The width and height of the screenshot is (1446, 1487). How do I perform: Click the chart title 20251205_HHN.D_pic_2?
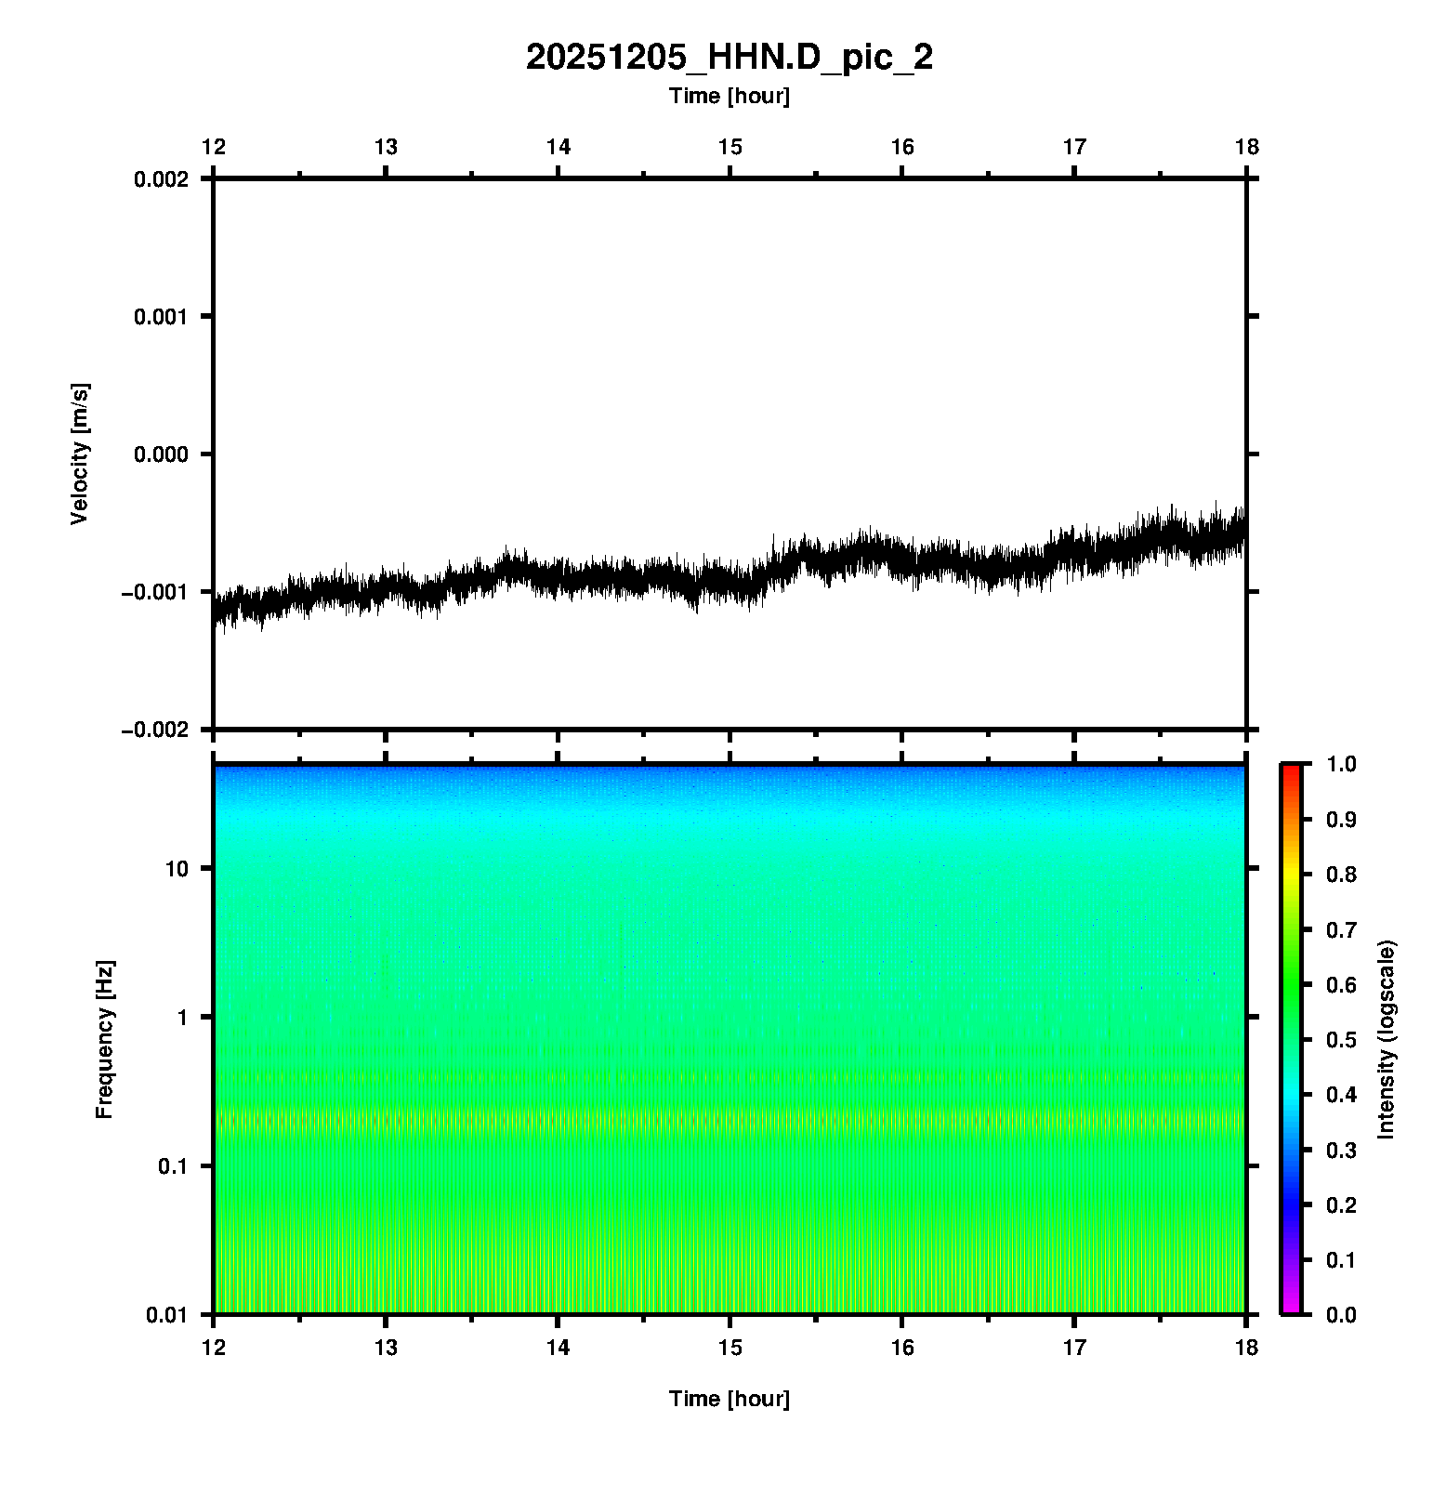click(729, 58)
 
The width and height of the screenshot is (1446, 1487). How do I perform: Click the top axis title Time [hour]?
click(729, 96)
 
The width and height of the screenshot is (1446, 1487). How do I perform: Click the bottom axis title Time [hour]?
click(729, 1399)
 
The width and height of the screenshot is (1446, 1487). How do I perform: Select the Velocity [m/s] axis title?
click(80, 454)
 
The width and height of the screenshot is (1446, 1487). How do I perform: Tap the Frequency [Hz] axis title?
click(104, 1039)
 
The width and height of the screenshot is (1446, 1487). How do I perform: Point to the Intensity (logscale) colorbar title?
click(1387, 1039)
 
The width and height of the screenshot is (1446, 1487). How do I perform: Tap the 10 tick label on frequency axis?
click(176, 869)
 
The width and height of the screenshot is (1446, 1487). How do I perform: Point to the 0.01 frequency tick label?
click(167, 1315)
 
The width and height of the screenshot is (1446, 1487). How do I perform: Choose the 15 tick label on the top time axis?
click(730, 147)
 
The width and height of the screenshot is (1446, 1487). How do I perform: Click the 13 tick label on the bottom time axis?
click(386, 1348)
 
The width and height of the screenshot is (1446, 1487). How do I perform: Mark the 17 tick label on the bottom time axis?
click(1074, 1348)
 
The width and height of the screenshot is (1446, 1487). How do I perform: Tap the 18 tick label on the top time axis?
click(1246, 147)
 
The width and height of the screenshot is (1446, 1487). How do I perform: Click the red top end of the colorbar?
click(1291, 770)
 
